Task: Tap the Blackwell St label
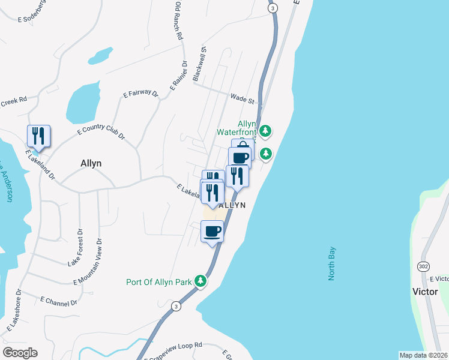[199, 64]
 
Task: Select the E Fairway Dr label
[140, 94]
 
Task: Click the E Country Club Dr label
[101, 132]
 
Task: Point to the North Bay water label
[332, 264]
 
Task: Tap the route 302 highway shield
[423, 265]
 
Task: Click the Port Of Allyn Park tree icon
[202, 281]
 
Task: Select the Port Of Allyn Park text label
[158, 282]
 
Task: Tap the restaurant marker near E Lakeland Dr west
[39, 136]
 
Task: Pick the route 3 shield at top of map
[273, 8]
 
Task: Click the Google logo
[20, 353]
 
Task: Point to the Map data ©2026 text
[423, 355]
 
